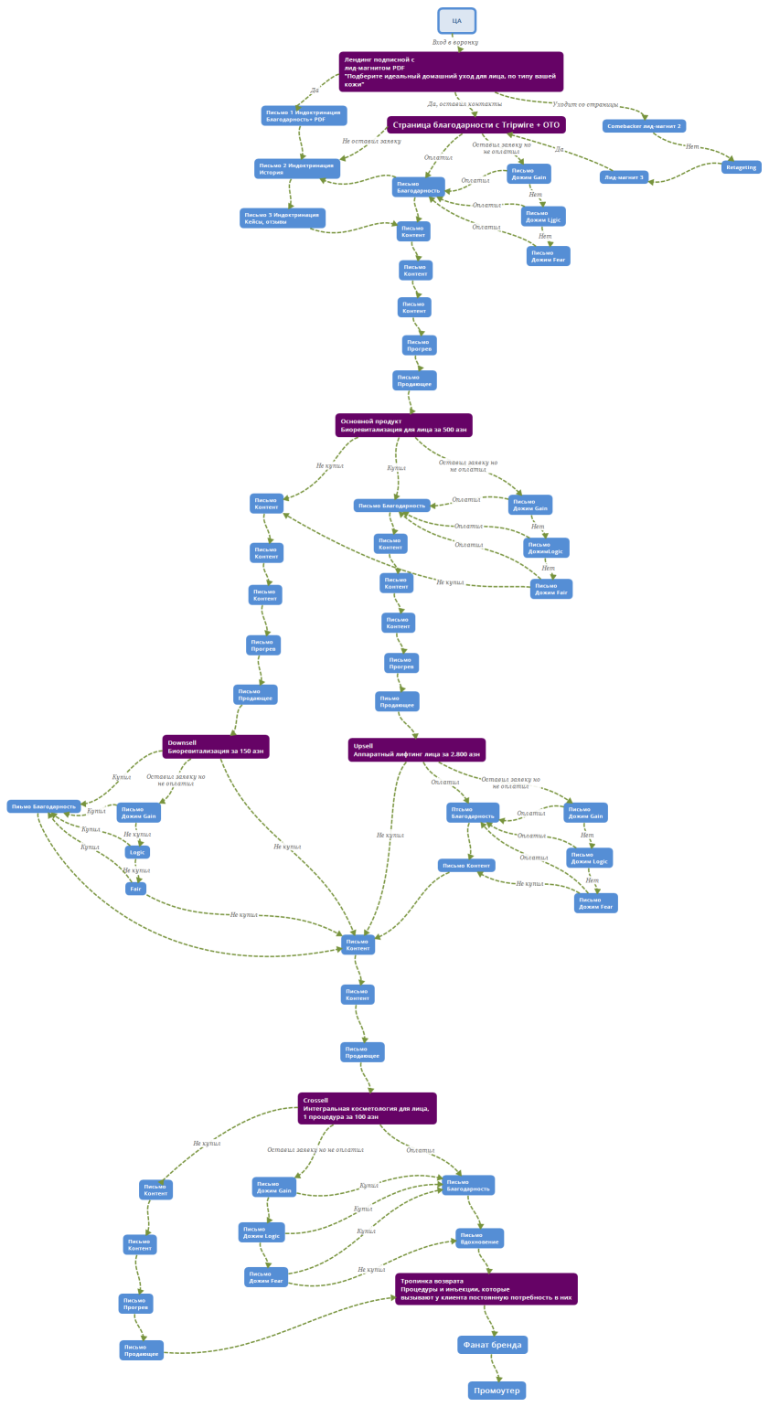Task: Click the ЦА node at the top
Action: pos(456,20)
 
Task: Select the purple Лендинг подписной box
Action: pos(451,71)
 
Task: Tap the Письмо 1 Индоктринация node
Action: pos(304,116)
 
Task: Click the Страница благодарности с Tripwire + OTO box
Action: pos(475,124)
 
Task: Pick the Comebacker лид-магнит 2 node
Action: pos(644,126)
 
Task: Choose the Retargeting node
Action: pos(741,167)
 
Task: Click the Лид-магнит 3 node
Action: pos(624,177)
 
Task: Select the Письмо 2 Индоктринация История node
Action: pos(296,168)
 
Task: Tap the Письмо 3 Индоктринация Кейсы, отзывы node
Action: pos(283,218)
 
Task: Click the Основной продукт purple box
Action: pos(403,425)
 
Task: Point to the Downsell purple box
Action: pos(216,747)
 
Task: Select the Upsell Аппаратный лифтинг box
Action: pos(416,750)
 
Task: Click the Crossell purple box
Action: pos(367,1108)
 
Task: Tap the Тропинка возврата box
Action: pos(486,1289)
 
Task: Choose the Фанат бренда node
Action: pos(492,1345)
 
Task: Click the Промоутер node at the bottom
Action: pos(497,1391)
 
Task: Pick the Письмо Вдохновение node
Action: pos(479,1238)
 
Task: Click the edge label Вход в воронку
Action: pos(455,42)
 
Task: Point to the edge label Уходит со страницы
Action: pos(585,104)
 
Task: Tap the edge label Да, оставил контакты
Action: pos(465,104)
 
